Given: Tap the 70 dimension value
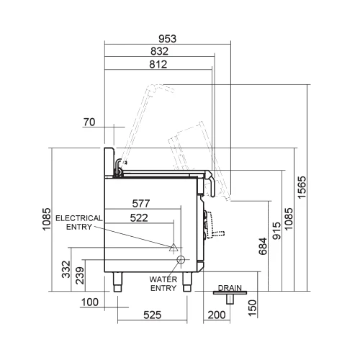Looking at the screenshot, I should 89,123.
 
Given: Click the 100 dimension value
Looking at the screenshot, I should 89,302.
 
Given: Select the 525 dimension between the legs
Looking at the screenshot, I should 152,315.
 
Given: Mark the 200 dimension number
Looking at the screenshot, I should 215,315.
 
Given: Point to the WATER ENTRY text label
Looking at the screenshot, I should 163,283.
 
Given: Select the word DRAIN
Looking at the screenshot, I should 229,287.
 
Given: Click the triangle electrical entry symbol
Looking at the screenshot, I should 173,247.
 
